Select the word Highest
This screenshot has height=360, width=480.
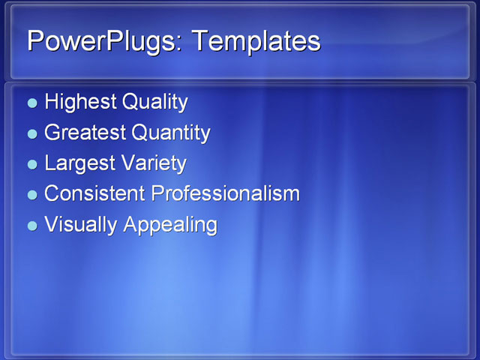[76, 102]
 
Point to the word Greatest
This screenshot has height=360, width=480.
[85, 133]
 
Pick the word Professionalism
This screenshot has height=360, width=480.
[225, 193]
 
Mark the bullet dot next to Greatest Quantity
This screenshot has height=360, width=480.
[31, 134]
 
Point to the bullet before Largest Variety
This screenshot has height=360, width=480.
[31, 164]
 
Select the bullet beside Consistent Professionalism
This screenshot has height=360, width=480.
[31, 195]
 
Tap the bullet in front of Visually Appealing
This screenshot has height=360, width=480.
[31, 226]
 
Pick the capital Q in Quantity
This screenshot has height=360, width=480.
[139, 133]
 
